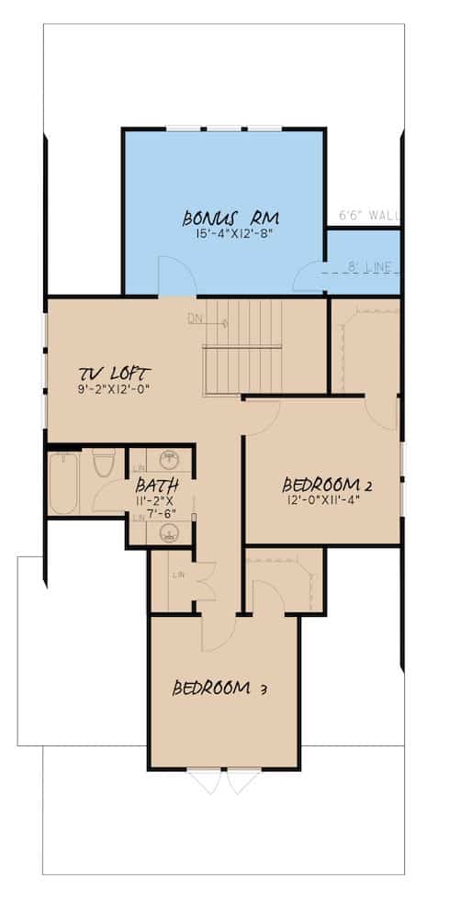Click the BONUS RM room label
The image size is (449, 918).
[230, 218]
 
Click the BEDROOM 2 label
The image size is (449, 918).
[326, 484]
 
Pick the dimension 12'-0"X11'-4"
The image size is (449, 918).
[326, 500]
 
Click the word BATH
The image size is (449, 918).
[152, 485]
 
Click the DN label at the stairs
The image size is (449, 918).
[194, 320]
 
